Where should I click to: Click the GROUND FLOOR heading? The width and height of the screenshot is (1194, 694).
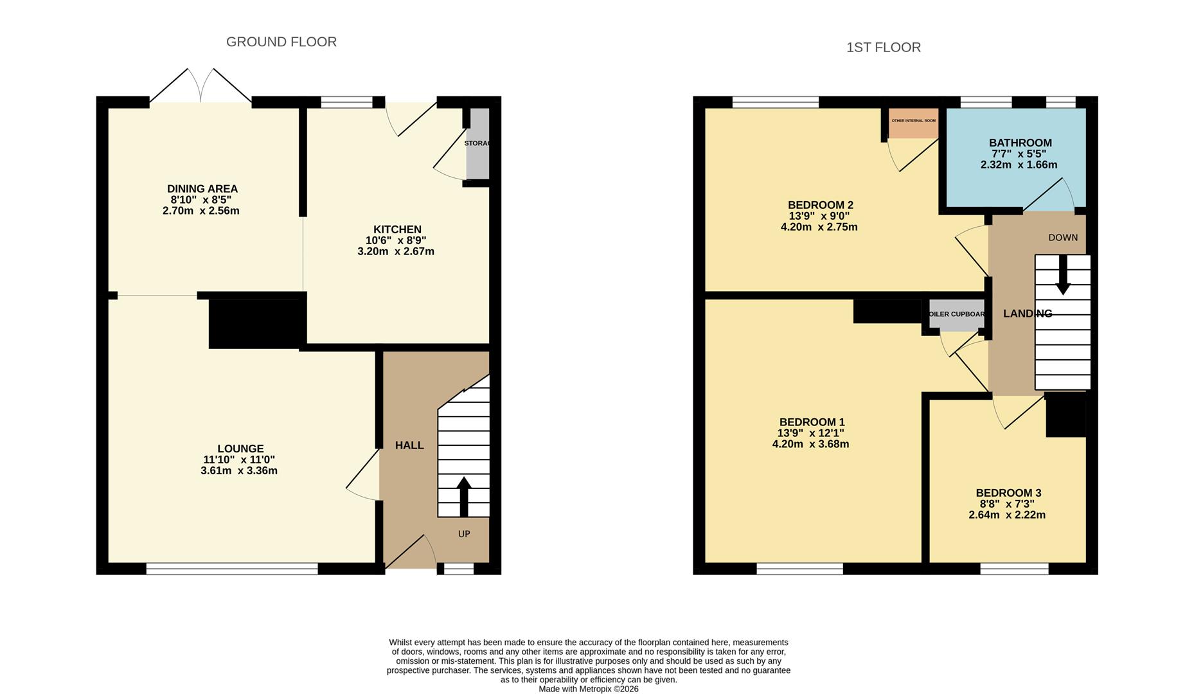(x=281, y=42)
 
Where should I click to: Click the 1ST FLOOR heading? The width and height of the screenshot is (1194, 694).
(x=883, y=48)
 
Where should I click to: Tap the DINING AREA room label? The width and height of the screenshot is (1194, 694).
(x=202, y=189)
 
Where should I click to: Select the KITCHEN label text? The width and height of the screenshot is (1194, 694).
(x=397, y=229)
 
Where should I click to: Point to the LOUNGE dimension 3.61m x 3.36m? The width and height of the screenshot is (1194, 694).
(x=238, y=471)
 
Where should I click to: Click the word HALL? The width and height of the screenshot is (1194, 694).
(x=409, y=445)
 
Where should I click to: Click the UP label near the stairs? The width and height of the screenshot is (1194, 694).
(x=464, y=534)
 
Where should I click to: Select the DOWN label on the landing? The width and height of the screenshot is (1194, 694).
(x=1063, y=238)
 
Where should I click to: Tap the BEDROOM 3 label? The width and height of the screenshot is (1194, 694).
(x=1008, y=493)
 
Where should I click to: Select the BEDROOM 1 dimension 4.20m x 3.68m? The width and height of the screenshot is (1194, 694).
(x=810, y=444)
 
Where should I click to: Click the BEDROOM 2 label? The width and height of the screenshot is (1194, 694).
(x=820, y=205)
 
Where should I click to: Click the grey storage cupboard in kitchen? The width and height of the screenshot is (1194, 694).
(x=477, y=144)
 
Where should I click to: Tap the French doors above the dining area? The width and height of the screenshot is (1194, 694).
(x=200, y=86)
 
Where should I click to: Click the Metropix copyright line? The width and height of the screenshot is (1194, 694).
(x=588, y=689)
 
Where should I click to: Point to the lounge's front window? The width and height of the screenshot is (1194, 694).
(x=232, y=569)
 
